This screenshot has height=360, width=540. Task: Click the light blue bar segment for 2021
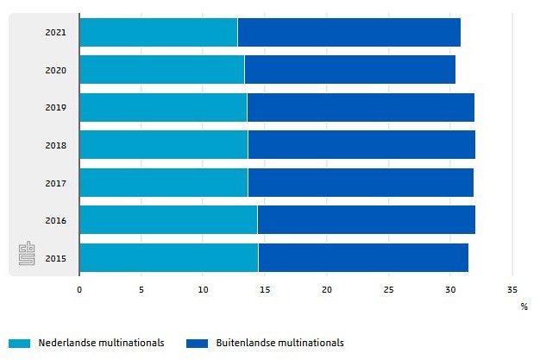click(x=158, y=32)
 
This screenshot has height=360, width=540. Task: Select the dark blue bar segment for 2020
click(x=349, y=69)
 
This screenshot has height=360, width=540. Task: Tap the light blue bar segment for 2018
click(x=163, y=144)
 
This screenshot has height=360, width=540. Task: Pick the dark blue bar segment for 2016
click(x=366, y=219)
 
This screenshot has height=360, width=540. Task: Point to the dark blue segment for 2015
click(x=363, y=257)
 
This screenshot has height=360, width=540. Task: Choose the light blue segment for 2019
click(x=163, y=107)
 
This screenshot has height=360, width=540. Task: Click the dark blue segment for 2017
click(x=361, y=182)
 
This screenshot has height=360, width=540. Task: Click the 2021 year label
click(x=55, y=32)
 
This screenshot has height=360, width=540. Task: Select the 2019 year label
click(x=55, y=107)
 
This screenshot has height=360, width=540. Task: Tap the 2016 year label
click(x=55, y=219)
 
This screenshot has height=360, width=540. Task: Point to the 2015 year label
click(x=55, y=257)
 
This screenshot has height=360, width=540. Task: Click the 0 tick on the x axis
click(x=79, y=289)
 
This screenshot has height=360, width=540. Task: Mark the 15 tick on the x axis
click(x=265, y=289)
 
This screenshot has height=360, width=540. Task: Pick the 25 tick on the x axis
click(x=388, y=289)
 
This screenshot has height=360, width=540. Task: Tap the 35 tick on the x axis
click(x=512, y=289)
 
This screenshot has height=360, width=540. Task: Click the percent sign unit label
click(x=524, y=306)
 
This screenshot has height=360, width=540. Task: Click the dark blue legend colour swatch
click(x=197, y=343)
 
